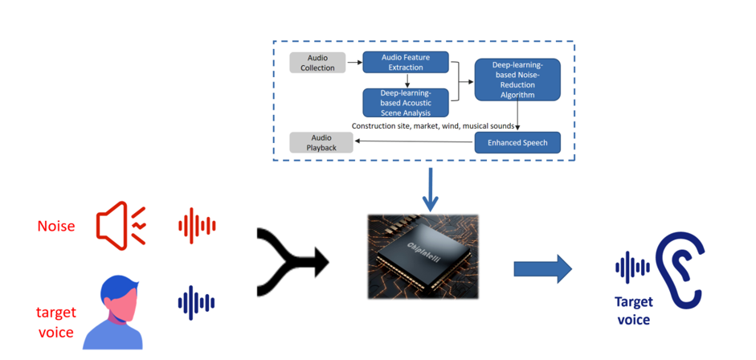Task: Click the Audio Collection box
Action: click(x=317, y=63)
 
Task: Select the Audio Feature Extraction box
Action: click(x=406, y=63)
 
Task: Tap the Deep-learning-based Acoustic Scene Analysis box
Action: click(x=406, y=103)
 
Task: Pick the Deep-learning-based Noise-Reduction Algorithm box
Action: click(x=517, y=80)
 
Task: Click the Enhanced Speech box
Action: click(x=517, y=142)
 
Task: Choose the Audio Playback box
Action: click(x=321, y=143)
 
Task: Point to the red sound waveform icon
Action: click(x=197, y=226)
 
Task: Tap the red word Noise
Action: click(x=56, y=227)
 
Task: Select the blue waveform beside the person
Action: click(x=196, y=303)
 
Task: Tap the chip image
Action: click(x=422, y=256)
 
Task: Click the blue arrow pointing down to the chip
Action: click(x=431, y=190)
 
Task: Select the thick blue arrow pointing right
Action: click(x=543, y=268)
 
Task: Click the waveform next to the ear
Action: click(x=632, y=268)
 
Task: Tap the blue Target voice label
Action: click(x=634, y=311)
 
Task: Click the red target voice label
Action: click(x=55, y=321)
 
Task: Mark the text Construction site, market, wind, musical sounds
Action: click(x=433, y=126)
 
